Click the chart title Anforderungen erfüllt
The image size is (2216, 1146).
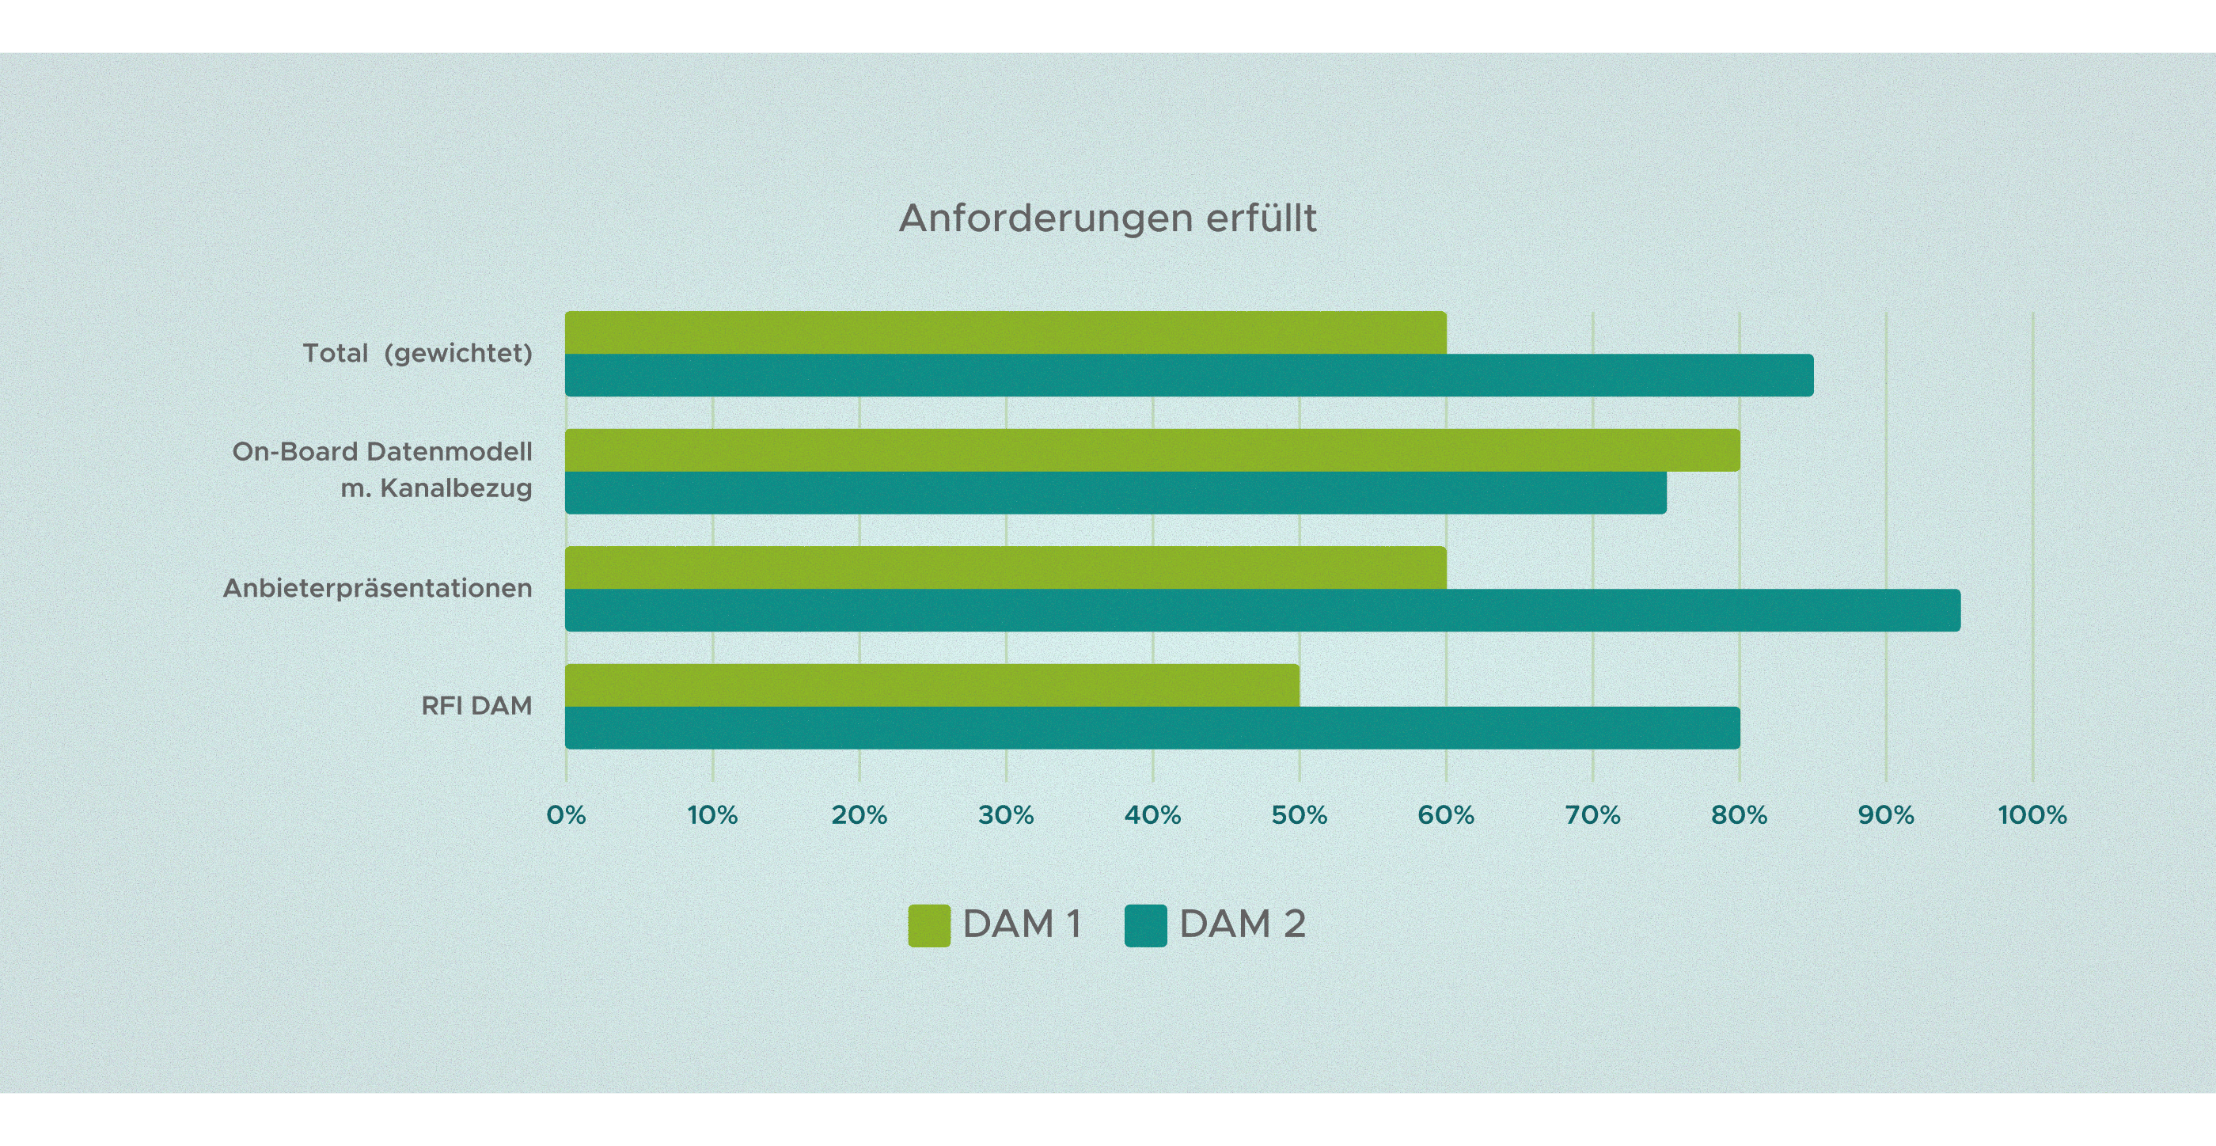pyautogui.click(x=1107, y=218)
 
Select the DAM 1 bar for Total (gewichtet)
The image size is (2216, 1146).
pyautogui.click(x=1005, y=332)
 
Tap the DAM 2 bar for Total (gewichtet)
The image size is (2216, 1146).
pyautogui.click(x=1189, y=375)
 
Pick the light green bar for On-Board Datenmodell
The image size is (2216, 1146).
pyautogui.click(x=1152, y=450)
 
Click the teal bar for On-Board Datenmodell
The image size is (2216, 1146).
pyautogui.click(x=1115, y=493)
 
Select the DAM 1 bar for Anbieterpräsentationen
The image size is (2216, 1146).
pyautogui.click(x=1005, y=567)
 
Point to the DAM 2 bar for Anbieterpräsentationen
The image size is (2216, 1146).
pyautogui.click(x=1262, y=610)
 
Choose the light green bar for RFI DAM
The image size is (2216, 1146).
pyautogui.click(x=932, y=685)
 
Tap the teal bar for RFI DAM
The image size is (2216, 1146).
pyautogui.click(x=1152, y=728)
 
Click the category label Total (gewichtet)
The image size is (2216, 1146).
pyautogui.click(x=417, y=354)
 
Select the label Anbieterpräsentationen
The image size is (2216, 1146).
pyautogui.click(x=377, y=589)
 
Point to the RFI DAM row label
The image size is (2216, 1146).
pyautogui.click(x=476, y=706)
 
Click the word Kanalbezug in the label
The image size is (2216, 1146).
pyautogui.click(x=456, y=488)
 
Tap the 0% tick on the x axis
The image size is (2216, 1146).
pyautogui.click(x=566, y=814)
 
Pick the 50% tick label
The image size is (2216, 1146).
pyautogui.click(x=1299, y=814)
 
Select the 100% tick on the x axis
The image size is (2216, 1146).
pyautogui.click(x=2032, y=814)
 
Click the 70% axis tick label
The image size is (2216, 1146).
pyautogui.click(x=1592, y=814)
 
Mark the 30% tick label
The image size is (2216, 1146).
pyautogui.click(x=1006, y=814)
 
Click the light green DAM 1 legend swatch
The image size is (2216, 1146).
pyautogui.click(x=929, y=926)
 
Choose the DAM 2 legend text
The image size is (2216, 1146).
pyautogui.click(x=1241, y=925)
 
